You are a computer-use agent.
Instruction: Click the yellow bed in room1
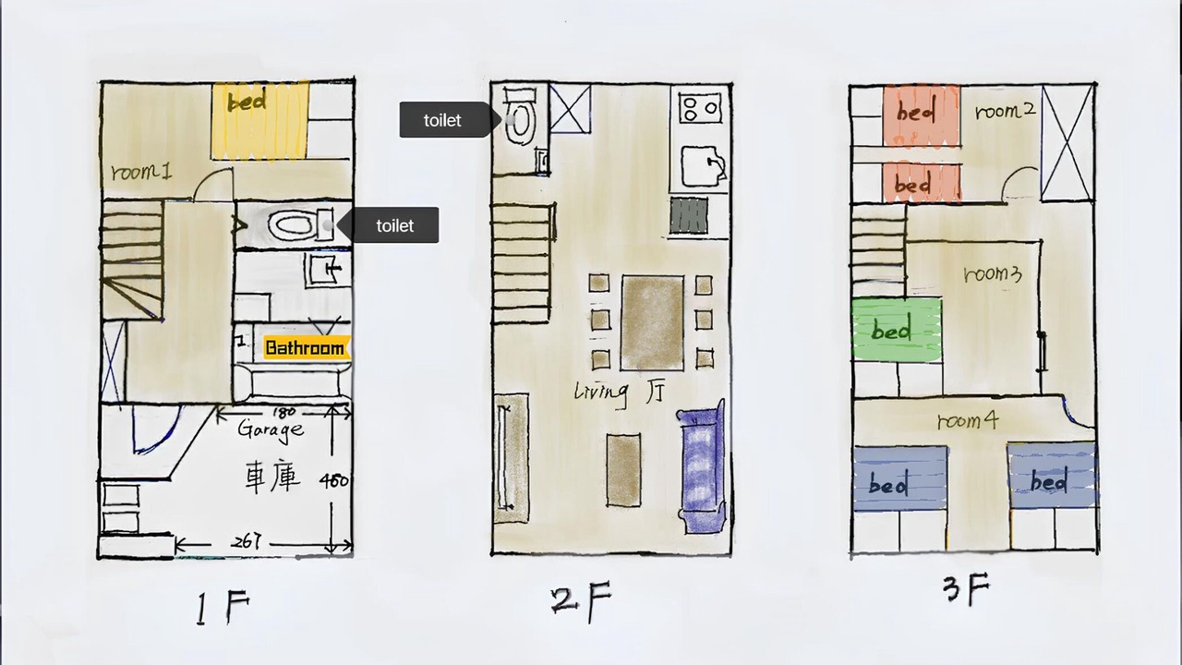coord(259,120)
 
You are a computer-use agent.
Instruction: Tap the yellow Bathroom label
coord(306,348)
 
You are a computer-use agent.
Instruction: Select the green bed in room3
coord(897,330)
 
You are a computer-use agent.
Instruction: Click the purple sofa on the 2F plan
coord(703,467)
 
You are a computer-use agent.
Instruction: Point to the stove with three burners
coord(700,108)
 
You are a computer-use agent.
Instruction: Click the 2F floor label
coord(581,601)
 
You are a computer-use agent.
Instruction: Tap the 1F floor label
coord(223,608)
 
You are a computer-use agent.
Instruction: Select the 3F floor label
coord(967,589)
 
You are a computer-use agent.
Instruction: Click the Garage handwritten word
coord(271,429)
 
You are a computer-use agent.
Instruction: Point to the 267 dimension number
coord(246,541)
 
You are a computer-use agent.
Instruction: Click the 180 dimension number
coord(284,412)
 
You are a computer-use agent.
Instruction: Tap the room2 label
coord(1006,111)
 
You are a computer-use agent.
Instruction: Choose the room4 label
coord(967,420)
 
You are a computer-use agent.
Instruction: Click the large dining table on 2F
coord(652,322)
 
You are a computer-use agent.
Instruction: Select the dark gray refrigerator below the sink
coord(689,215)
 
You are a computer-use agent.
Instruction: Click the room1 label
coord(141,172)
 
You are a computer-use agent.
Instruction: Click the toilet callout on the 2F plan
coord(450,120)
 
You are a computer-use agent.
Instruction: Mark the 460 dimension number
coord(334,481)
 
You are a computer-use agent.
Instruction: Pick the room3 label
coord(993,274)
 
